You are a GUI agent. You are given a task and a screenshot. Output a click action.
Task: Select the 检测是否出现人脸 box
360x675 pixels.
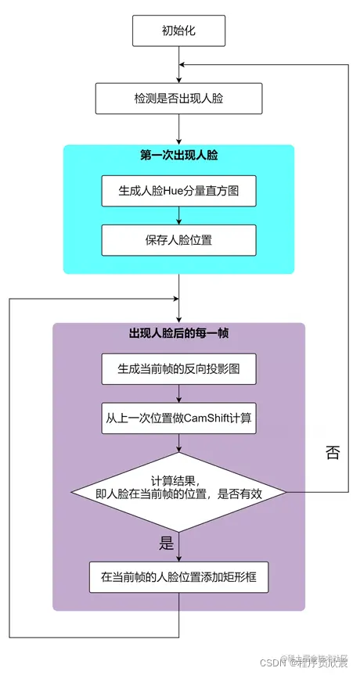click(x=179, y=99)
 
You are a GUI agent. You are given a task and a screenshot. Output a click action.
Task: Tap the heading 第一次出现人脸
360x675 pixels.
click(x=179, y=156)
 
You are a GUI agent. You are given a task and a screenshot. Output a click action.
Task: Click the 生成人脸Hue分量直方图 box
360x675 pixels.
click(x=179, y=191)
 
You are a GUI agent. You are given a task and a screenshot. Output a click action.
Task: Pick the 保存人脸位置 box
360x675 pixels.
click(x=179, y=239)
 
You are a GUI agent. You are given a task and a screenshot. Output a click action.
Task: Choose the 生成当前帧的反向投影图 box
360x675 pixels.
click(x=179, y=369)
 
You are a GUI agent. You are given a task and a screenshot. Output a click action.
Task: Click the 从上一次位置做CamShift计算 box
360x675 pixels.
click(x=179, y=417)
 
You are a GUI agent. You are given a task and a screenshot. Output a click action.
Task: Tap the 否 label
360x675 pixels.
click(x=332, y=453)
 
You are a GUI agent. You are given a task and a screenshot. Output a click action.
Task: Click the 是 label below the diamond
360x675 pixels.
click(x=166, y=544)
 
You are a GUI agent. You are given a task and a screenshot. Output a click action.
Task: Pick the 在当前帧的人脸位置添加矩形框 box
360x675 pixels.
click(x=179, y=580)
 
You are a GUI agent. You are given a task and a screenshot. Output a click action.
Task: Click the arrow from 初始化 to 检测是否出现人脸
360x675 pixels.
click(x=179, y=66)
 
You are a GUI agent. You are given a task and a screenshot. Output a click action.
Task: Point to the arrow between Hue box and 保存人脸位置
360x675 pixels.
click(x=179, y=215)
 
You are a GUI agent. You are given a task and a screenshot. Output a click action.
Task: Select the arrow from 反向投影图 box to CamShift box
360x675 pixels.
click(x=179, y=393)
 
